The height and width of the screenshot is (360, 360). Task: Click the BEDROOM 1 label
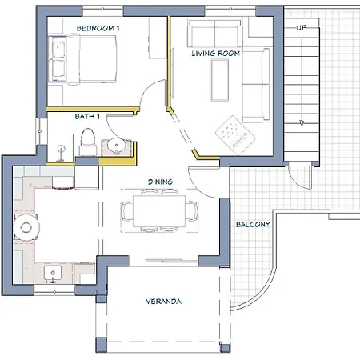(98, 28)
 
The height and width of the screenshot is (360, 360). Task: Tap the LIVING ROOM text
(216, 54)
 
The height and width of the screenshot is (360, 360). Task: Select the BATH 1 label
(87, 116)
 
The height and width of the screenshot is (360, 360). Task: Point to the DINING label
(160, 182)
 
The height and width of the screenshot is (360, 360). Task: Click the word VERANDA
(163, 302)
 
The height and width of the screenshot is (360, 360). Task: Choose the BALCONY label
(253, 224)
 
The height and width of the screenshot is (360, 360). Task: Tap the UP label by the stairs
(302, 28)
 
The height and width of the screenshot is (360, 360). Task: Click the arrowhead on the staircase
(302, 123)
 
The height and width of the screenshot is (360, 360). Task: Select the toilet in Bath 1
(88, 142)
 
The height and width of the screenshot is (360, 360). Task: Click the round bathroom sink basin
(116, 146)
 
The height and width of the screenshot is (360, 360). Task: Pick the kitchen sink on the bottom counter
(53, 274)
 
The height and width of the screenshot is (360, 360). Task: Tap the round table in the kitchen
(26, 227)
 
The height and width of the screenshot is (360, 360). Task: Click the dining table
(159, 211)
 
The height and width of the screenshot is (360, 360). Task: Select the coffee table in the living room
(220, 80)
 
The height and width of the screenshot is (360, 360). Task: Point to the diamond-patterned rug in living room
(235, 135)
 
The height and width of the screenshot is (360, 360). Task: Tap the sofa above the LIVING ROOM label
(214, 34)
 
